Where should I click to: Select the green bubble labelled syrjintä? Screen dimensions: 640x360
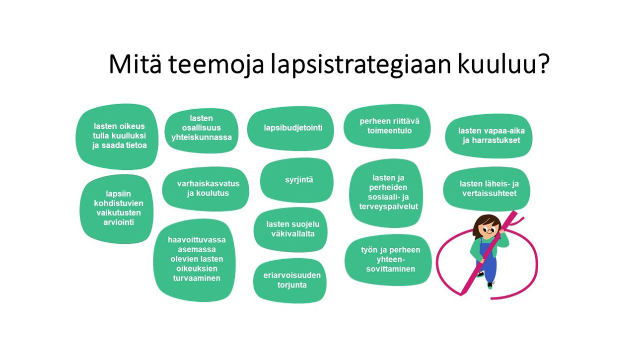click(297, 180)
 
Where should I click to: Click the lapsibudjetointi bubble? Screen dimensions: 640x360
click(290, 128)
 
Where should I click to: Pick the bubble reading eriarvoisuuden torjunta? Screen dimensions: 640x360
click(290, 280)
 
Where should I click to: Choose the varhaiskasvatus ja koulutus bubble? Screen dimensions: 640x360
click(206, 189)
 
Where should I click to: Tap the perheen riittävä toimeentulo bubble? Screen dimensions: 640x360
click(387, 126)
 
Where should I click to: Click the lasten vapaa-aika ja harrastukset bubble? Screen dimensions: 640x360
click(489, 136)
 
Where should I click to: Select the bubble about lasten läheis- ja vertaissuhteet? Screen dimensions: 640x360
click(487, 189)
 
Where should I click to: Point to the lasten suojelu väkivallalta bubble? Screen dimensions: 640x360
click(290, 229)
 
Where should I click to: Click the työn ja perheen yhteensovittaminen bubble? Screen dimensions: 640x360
click(388, 260)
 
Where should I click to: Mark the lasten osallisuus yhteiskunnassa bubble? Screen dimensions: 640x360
click(202, 130)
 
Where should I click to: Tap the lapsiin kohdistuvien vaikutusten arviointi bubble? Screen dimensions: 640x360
click(117, 209)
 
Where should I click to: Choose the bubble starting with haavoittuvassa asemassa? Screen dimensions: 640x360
click(195, 260)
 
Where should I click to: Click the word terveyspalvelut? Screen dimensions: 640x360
click(388, 207)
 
